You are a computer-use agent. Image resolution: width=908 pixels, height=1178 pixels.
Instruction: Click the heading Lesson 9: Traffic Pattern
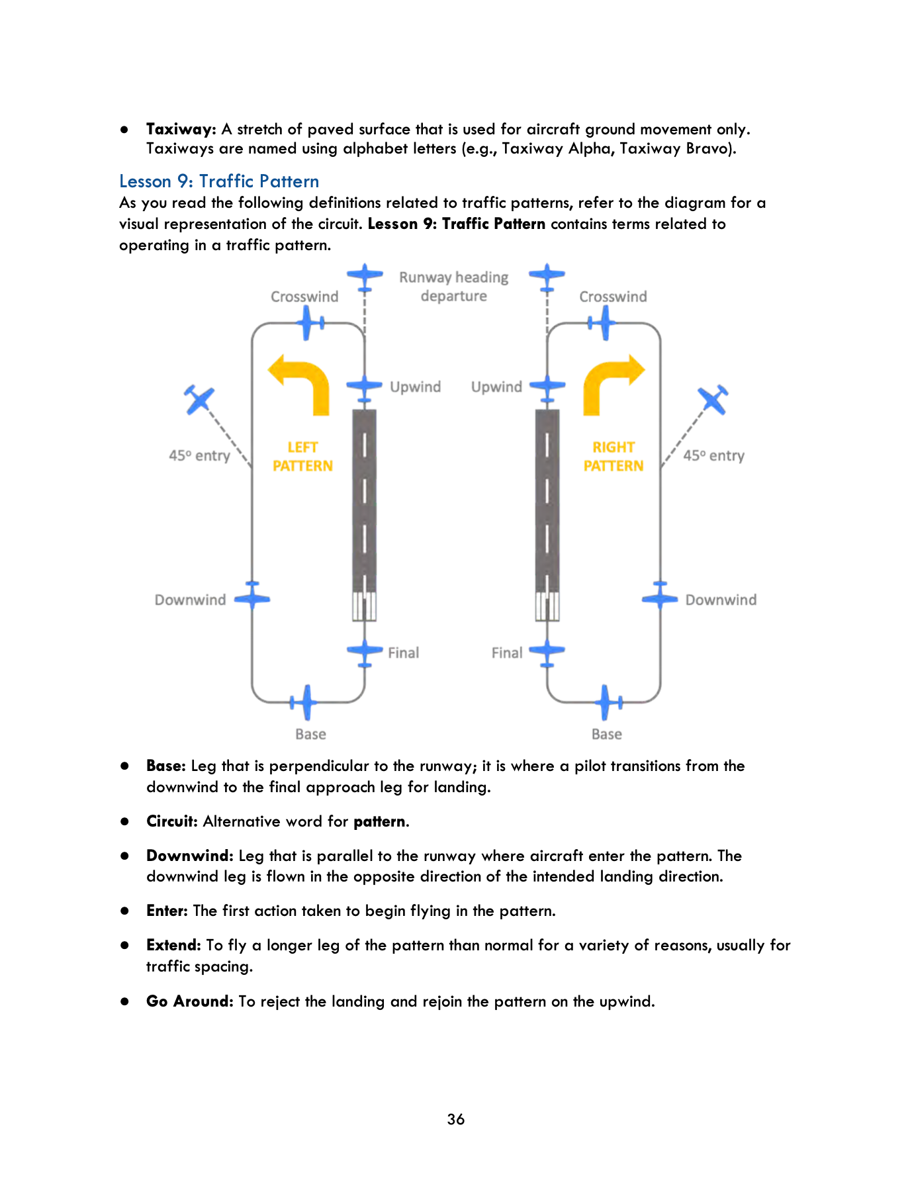(219, 181)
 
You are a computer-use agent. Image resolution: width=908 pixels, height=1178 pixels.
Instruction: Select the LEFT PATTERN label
(302, 457)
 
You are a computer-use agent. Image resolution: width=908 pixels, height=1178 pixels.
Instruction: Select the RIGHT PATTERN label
(613, 457)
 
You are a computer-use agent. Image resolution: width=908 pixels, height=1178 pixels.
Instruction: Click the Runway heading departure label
(453, 287)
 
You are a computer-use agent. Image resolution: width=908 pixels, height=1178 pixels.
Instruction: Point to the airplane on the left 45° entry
(199, 399)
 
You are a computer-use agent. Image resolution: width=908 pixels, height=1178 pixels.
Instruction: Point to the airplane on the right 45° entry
(713, 399)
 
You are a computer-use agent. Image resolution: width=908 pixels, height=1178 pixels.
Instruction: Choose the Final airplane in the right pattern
(547, 652)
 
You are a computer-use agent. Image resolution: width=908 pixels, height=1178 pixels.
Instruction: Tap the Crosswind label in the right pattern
(613, 296)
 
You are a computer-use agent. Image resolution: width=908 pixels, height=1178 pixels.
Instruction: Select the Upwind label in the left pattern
(415, 386)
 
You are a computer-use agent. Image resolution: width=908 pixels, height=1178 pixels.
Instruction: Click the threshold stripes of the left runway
(364, 606)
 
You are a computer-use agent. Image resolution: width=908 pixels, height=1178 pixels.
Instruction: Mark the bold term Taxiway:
(181, 129)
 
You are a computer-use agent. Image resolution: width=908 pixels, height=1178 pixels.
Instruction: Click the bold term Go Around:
(189, 1001)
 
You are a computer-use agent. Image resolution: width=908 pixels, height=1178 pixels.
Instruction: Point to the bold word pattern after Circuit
(379, 821)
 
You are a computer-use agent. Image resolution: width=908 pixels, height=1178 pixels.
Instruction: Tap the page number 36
(455, 1119)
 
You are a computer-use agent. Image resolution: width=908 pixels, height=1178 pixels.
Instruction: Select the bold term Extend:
(173, 945)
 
